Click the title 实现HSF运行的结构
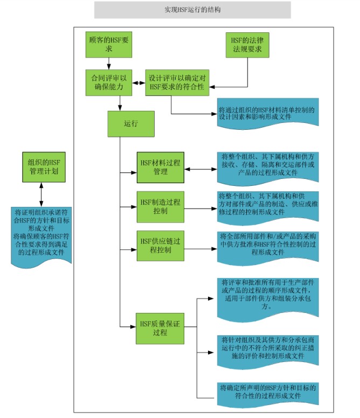pyautogui.click(x=192, y=10)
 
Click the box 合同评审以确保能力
pyautogui.click(x=108, y=82)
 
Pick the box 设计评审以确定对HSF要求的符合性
pyautogui.click(x=177, y=82)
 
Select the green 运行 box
pyautogui.click(x=131, y=124)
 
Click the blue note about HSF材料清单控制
pyautogui.click(x=267, y=114)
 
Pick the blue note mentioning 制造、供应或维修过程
pyautogui.click(x=267, y=206)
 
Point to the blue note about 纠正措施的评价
pyautogui.click(x=267, y=351)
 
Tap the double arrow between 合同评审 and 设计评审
pyautogui.click(x=139, y=82)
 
